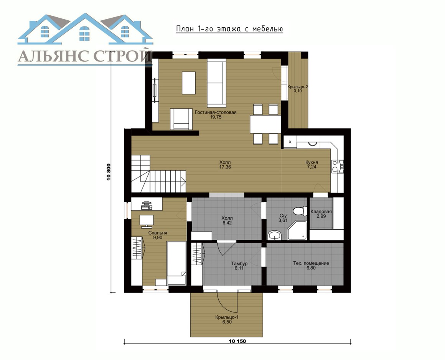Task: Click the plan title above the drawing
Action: [229, 29]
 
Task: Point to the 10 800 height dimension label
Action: [108, 172]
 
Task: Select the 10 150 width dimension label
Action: [237, 341]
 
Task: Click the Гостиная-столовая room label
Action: [216, 114]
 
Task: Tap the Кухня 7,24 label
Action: [311, 165]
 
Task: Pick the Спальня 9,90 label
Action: [158, 235]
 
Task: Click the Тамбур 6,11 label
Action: [239, 266]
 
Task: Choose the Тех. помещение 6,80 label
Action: [311, 266]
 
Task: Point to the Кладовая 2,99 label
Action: [321, 214]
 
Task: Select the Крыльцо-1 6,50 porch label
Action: [227, 320]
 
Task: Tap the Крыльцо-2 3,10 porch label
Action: [298, 89]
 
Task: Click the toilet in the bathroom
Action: [300, 211]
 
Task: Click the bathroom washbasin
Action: [274, 235]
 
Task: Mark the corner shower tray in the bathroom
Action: [297, 230]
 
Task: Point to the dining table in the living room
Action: [265, 124]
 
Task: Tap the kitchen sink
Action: [338, 166]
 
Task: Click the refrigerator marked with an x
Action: [290, 142]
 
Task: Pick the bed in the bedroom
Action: [176, 263]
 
